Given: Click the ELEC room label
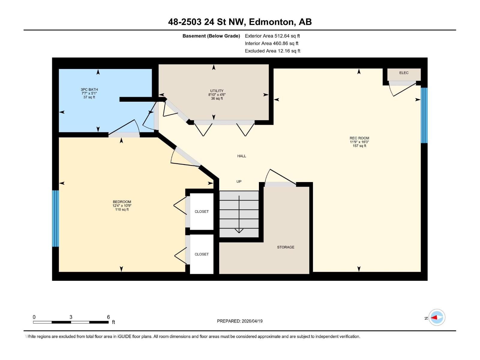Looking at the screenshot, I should [404, 73].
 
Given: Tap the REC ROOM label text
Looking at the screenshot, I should [359, 138].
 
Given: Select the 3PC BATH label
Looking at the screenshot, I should [89, 90].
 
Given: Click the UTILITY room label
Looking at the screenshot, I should [217, 91].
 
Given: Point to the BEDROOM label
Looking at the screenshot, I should [122, 202].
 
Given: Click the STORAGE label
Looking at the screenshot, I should [286, 247].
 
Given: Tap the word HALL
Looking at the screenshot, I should [241, 156].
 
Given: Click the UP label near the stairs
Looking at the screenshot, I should [239, 181].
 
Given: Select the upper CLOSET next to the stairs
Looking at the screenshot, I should [202, 211].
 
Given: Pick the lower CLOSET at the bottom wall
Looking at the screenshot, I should [202, 254].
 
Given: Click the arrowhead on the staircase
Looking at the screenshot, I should [239, 231].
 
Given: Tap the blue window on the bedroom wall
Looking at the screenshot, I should [55, 218].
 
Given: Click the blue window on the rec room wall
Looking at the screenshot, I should [424, 115].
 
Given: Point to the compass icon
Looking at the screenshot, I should [436, 317].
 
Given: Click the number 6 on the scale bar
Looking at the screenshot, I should [108, 317].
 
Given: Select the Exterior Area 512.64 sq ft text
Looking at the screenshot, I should [272, 36].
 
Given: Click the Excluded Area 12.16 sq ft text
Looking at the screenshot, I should [272, 51].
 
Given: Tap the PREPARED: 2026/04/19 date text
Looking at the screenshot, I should [240, 321].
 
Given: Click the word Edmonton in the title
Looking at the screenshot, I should [271, 22].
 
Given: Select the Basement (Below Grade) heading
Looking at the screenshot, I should [211, 36].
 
